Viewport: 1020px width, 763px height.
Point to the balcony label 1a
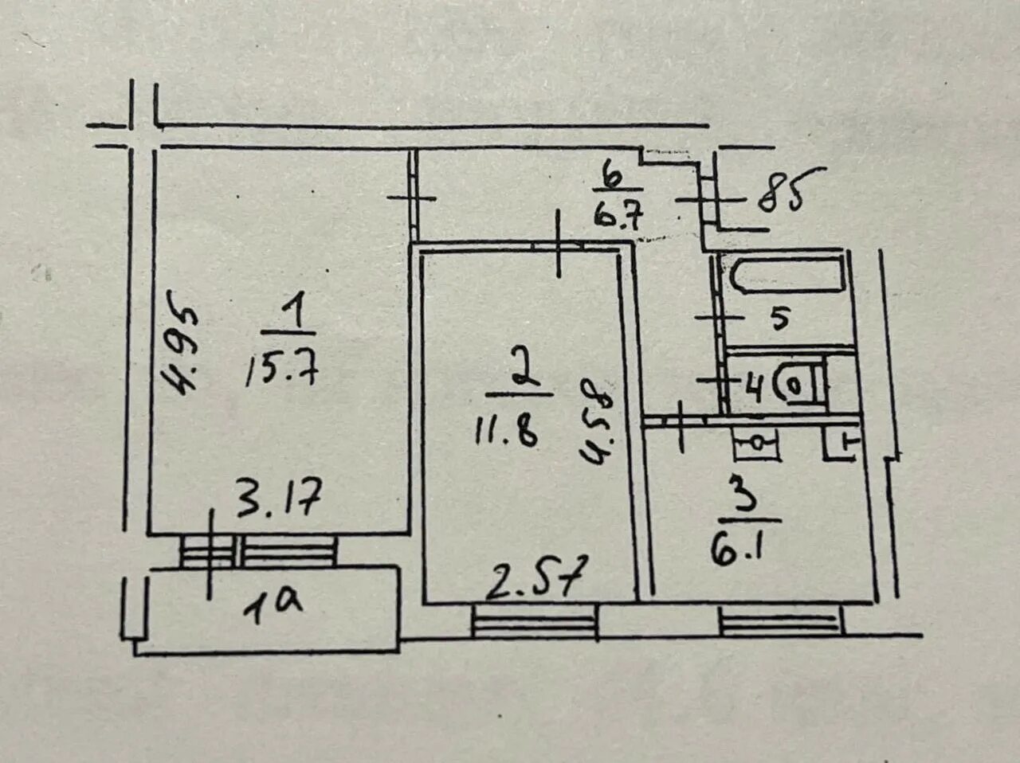(x=273, y=605)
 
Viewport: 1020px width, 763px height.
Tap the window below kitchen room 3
(x=780, y=620)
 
